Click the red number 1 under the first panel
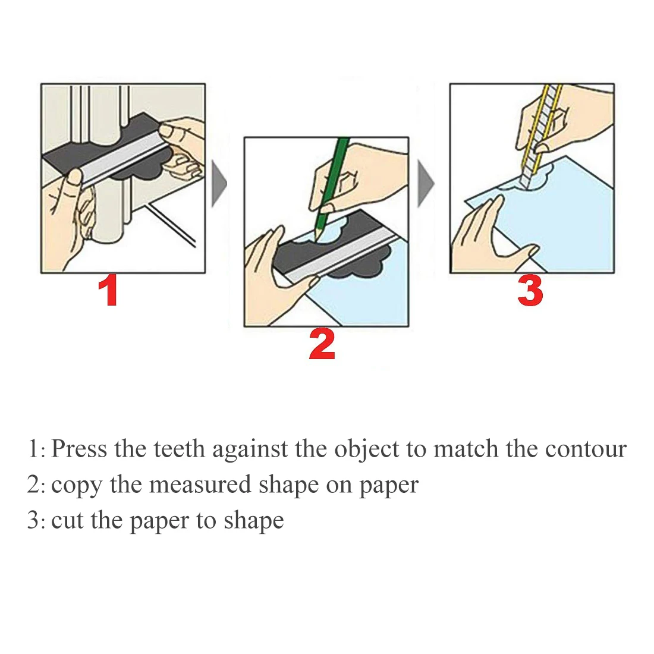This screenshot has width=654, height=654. [x=108, y=291]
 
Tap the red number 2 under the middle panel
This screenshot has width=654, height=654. [x=322, y=345]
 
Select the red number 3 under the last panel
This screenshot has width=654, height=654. [x=530, y=291]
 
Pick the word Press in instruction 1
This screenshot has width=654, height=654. [x=80, y=449]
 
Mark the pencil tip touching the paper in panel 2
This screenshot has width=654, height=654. [x=316, y=235]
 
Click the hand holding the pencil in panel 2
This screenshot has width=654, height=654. [x=363, y=178]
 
